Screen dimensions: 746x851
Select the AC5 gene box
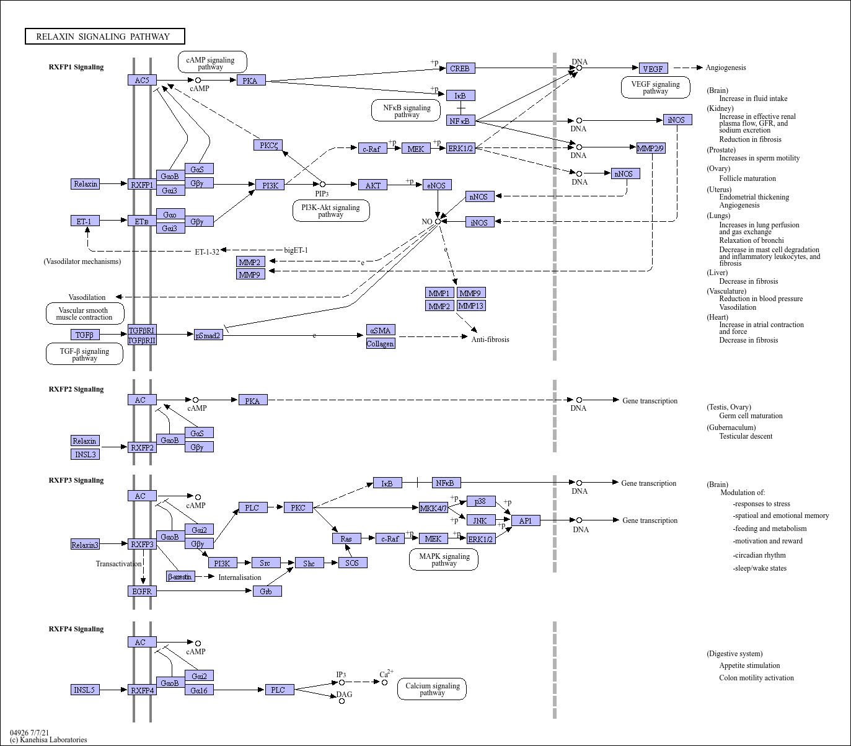tap(142, 80)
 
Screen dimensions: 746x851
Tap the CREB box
tap(460, 68)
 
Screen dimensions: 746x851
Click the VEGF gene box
tap(653, 69)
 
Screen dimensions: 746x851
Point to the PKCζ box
tap(268, 145)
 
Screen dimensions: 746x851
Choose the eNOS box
tap(438, 185)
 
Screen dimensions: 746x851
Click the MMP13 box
tap(471, 305)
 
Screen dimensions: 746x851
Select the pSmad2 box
tap(208, 335)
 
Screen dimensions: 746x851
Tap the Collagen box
tap(380, 343)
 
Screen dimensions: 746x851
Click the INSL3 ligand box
tap(85, 454)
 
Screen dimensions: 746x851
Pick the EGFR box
tap(142, 591)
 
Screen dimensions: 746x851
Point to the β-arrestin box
tap(180, 577)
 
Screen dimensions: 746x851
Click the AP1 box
tap(526, 520)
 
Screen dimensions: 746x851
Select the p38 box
tap(481, 501)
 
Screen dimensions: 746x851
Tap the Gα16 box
tap(199, 690)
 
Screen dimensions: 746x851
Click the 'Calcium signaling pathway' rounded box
tap(432, 689)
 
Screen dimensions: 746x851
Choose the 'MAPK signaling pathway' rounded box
tap(444, 559)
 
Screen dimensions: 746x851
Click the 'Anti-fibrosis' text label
tap(490, 339)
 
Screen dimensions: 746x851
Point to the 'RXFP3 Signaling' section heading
tap(76, 480)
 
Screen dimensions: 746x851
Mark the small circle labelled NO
tap(438, 221)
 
